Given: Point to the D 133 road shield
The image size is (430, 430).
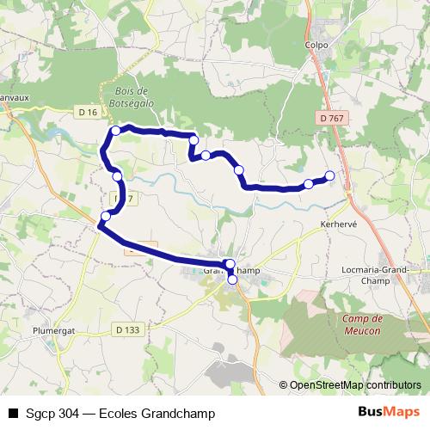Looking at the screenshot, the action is (x=126, y=328).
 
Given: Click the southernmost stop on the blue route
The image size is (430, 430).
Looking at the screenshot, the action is (x=232, y=279).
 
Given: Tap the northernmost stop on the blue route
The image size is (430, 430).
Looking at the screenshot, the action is (x=115, y=130).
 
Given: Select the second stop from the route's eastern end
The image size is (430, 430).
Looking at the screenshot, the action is (x=308, y=184).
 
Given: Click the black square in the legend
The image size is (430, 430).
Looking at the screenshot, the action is (x=12, y=413).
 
